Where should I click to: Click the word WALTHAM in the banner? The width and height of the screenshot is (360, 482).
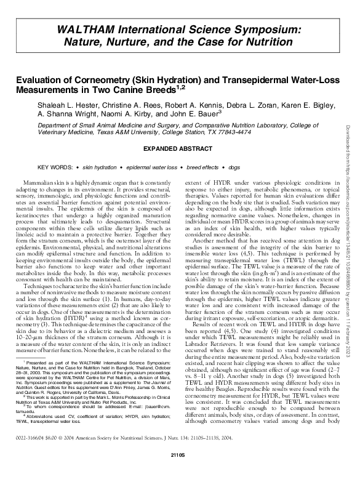(x=85, y=30)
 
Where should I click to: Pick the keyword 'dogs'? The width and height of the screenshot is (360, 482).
(x=234, y=167)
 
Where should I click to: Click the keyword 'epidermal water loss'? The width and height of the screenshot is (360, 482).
(x=151, y=167)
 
